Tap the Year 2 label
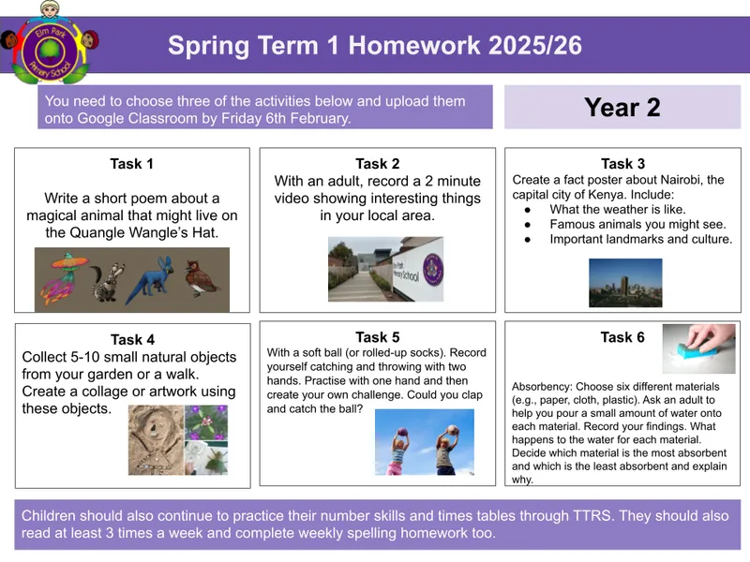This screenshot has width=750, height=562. [x=622, y=108]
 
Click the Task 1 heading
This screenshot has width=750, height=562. [x=131, y=164]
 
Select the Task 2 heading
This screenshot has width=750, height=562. [x=377, y=164]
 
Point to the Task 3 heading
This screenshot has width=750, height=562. [x=622, y=164]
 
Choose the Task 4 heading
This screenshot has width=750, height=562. [x=131, y=339]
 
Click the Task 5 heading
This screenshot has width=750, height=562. [x=377, y=337]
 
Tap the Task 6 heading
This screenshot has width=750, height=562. [x=622, y=337]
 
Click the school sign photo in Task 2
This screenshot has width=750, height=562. [x=385, y=269]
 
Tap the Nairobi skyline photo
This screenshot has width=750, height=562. [x=624, y=282]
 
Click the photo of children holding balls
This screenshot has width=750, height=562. [x=424, y=441]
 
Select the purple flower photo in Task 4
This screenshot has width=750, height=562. [x=205, y=423]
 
